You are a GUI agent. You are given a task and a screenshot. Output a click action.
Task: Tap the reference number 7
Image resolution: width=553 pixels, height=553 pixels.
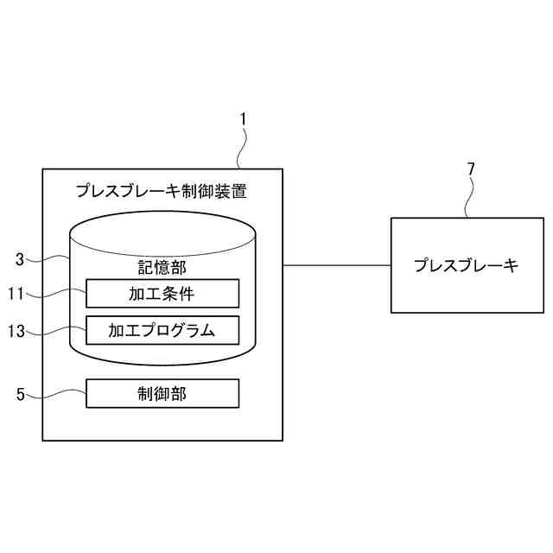coord(471,168)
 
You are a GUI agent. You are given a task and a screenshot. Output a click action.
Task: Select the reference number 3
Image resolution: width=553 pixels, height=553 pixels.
coord(20,258)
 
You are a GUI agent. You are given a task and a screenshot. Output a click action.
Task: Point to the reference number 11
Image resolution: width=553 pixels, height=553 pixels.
coord(16,293)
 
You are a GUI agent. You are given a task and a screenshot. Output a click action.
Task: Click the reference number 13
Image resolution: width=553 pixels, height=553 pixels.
coord(16,329)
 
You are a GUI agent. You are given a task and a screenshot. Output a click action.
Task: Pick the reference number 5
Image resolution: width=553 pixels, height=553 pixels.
coord(20,395)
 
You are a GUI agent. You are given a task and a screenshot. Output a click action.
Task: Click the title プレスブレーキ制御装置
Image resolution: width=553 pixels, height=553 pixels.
coord(162,190)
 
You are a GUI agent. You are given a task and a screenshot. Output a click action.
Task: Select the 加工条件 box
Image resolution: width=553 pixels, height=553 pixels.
coord(162,294)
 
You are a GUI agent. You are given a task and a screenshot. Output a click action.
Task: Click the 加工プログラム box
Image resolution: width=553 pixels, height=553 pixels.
coord(162,329)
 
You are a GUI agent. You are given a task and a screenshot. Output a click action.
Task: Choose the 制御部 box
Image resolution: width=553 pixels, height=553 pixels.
coord(162,394)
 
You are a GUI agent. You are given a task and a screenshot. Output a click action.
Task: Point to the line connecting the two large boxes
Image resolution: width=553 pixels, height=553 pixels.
coord(337,265)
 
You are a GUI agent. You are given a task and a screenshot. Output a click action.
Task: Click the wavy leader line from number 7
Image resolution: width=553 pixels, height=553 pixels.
coord(467,199)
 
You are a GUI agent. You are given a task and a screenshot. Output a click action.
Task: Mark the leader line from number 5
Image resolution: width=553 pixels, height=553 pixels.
coord(56,395)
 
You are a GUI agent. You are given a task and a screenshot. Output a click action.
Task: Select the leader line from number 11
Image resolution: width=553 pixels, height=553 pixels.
coord(56,295)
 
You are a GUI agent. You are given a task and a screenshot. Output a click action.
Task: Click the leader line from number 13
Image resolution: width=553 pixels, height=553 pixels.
coord(56,329)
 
